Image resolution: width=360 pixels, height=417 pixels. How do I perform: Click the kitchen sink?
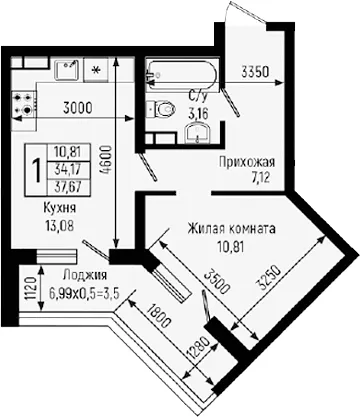tap(67, 70)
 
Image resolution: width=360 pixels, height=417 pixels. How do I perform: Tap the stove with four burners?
tap(24, 103)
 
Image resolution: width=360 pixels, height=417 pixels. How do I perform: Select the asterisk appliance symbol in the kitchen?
tap(96, 70)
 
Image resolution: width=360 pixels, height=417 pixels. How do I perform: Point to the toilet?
tap(161, 109)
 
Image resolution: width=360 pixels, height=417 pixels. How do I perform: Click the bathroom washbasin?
tap(198, 133)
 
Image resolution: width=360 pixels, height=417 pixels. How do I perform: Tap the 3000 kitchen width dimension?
tap(78, 108)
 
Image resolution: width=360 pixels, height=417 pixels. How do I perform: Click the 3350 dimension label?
tap(255, 72)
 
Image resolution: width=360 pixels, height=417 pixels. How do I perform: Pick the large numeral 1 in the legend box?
tap(37, 170)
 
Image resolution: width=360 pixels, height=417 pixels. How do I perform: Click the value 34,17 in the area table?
tap(69, 169)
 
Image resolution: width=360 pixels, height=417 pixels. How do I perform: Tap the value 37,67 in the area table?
tap(69, 187)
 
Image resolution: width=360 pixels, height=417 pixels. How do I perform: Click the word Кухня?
tap(60, 208)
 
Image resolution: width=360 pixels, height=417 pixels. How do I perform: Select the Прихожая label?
tap(247, 162)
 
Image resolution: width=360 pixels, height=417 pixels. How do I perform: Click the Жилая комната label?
tap(231, 229)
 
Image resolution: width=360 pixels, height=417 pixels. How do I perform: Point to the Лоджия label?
tap(85, 275)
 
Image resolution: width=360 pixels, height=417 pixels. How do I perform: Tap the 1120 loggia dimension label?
tap(30, 288)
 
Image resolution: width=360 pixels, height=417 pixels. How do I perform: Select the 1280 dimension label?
tap(198, 350)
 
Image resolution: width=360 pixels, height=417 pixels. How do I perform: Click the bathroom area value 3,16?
tap(198, 114)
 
